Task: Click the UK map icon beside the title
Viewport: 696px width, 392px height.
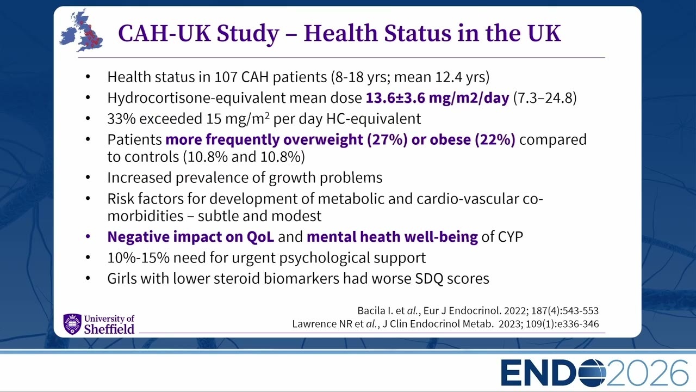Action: pyautogui.click(x=82, y=31)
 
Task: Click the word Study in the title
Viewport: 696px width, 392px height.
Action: pyautogui.click(x=247, y=34)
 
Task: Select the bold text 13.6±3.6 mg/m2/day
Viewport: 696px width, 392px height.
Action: pyautogui.click(x=438, y=98)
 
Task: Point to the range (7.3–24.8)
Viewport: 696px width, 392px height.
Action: pyautogui.click(x=545, y=98)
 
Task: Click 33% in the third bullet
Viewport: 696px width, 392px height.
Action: pyautogui.click(x=121, y=119)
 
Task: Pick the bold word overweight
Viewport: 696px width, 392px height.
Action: pyautogui.click(x=323, y=140)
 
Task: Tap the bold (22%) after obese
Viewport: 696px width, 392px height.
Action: pyautogui.click(x=495, y=139)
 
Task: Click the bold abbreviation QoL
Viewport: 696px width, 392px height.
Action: pyautogui.click(x=260, y=237)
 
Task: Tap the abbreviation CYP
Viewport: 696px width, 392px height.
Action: pyautogui.click(x=511, y=237)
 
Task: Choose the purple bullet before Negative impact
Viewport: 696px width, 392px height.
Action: pyautogui.click(x=88, y=237)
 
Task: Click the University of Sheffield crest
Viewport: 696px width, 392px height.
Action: pyautogui.click(x=72, y=324)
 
